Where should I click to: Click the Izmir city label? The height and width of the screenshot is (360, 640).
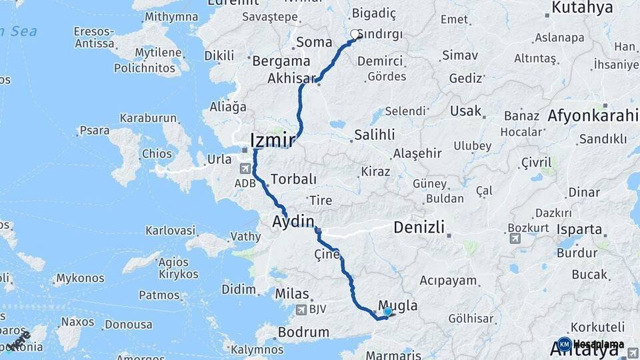[272, 141]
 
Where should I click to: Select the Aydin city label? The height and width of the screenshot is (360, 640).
[293, 221]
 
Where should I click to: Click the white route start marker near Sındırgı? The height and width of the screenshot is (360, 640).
[355, 34]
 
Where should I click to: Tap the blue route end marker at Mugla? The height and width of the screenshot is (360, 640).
[387, 311]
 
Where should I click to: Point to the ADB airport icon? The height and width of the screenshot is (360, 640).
[245, 169]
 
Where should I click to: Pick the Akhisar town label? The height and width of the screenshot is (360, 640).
[291, 79]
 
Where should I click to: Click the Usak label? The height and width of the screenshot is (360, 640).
[465, 110]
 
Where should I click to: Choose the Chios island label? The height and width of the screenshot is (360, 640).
[157, 153]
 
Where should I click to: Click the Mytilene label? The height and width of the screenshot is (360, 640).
[158, 52]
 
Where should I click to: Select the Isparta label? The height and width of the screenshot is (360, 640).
[579, 229]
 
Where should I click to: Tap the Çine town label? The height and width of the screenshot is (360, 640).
[327, 254]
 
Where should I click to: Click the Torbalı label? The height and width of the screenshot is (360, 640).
[294, 179]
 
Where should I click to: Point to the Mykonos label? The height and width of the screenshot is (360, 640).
[81, 278]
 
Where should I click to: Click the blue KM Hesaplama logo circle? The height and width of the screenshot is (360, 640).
[565, 345]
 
